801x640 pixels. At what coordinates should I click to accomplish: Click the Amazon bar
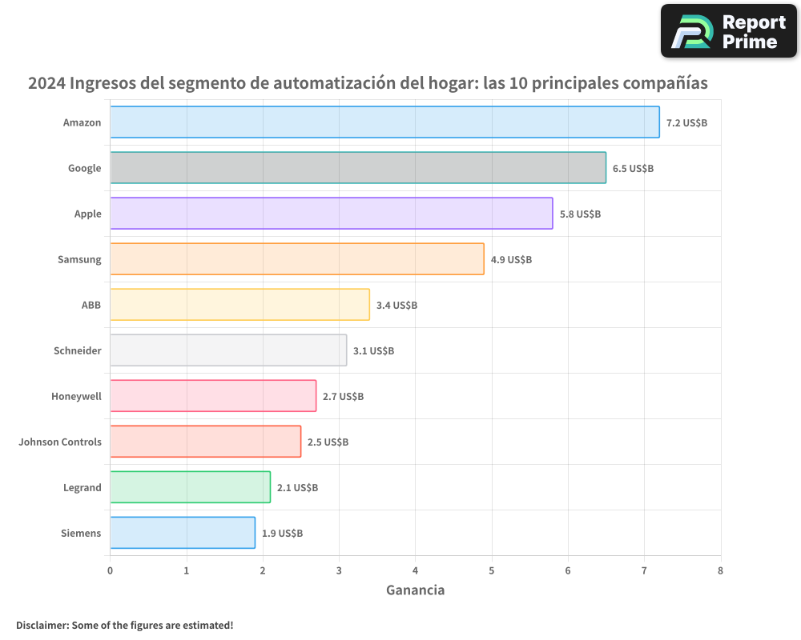coord(384,122)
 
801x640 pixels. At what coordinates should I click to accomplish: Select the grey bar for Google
coord(358,168)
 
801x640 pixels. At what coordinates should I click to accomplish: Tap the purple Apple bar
coord(331,214)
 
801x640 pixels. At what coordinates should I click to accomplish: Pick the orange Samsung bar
coord(296,259)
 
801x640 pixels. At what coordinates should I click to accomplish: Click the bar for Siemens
coord(183,533)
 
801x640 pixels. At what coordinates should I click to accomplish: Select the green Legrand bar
coord(190,487)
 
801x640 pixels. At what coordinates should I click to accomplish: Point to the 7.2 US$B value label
coord(686,123)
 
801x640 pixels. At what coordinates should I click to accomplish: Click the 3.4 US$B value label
coord(396,306)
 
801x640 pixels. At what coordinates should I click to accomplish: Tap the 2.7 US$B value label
coord(343,397)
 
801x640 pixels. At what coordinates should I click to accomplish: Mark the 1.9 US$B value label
coord(282,534)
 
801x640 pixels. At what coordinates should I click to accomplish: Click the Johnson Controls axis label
coord(60,442)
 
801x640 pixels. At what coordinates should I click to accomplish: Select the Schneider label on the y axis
coord(77,350)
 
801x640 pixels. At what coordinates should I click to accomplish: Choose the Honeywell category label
coord(76,396)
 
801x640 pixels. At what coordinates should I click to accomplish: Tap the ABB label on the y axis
coord(91,305)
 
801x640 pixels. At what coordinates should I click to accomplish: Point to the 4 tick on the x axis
coord(415,570)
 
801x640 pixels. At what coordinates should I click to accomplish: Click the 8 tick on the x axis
coord(720,570)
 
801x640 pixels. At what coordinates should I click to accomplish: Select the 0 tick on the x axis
coord(110,570)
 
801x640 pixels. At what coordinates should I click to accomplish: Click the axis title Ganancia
coord(415,590)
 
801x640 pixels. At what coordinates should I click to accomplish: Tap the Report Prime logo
coord(728,31)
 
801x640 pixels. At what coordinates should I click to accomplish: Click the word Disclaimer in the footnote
coord(41,625)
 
